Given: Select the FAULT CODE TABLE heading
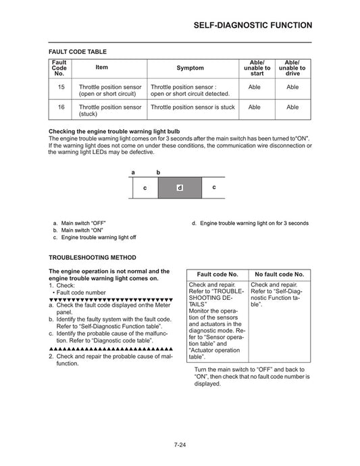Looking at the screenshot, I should click(x=77, y=51).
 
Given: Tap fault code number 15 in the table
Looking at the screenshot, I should click(x=61, y=87).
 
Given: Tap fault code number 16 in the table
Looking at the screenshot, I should click(x=61, y=107).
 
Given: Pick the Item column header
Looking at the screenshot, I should click(x=102, y=68).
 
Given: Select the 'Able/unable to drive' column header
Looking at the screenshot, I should click(x=292, y=68).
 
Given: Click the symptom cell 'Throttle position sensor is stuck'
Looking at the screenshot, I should click(x=192, y=107).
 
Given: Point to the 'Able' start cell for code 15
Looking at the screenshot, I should click(x=254, y=87).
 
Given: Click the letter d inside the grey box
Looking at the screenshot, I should click(x=179, y=187).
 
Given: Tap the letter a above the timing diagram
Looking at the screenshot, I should click(x=133, y=172).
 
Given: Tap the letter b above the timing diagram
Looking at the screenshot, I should click(x=158, y=172).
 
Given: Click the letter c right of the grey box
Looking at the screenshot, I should click(x=214, y=186).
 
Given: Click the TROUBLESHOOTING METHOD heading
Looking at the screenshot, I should click(x=92, y=257).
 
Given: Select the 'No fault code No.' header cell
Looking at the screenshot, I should click(x=278, y=274).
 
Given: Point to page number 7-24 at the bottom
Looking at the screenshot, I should click(x=180, y=444).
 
